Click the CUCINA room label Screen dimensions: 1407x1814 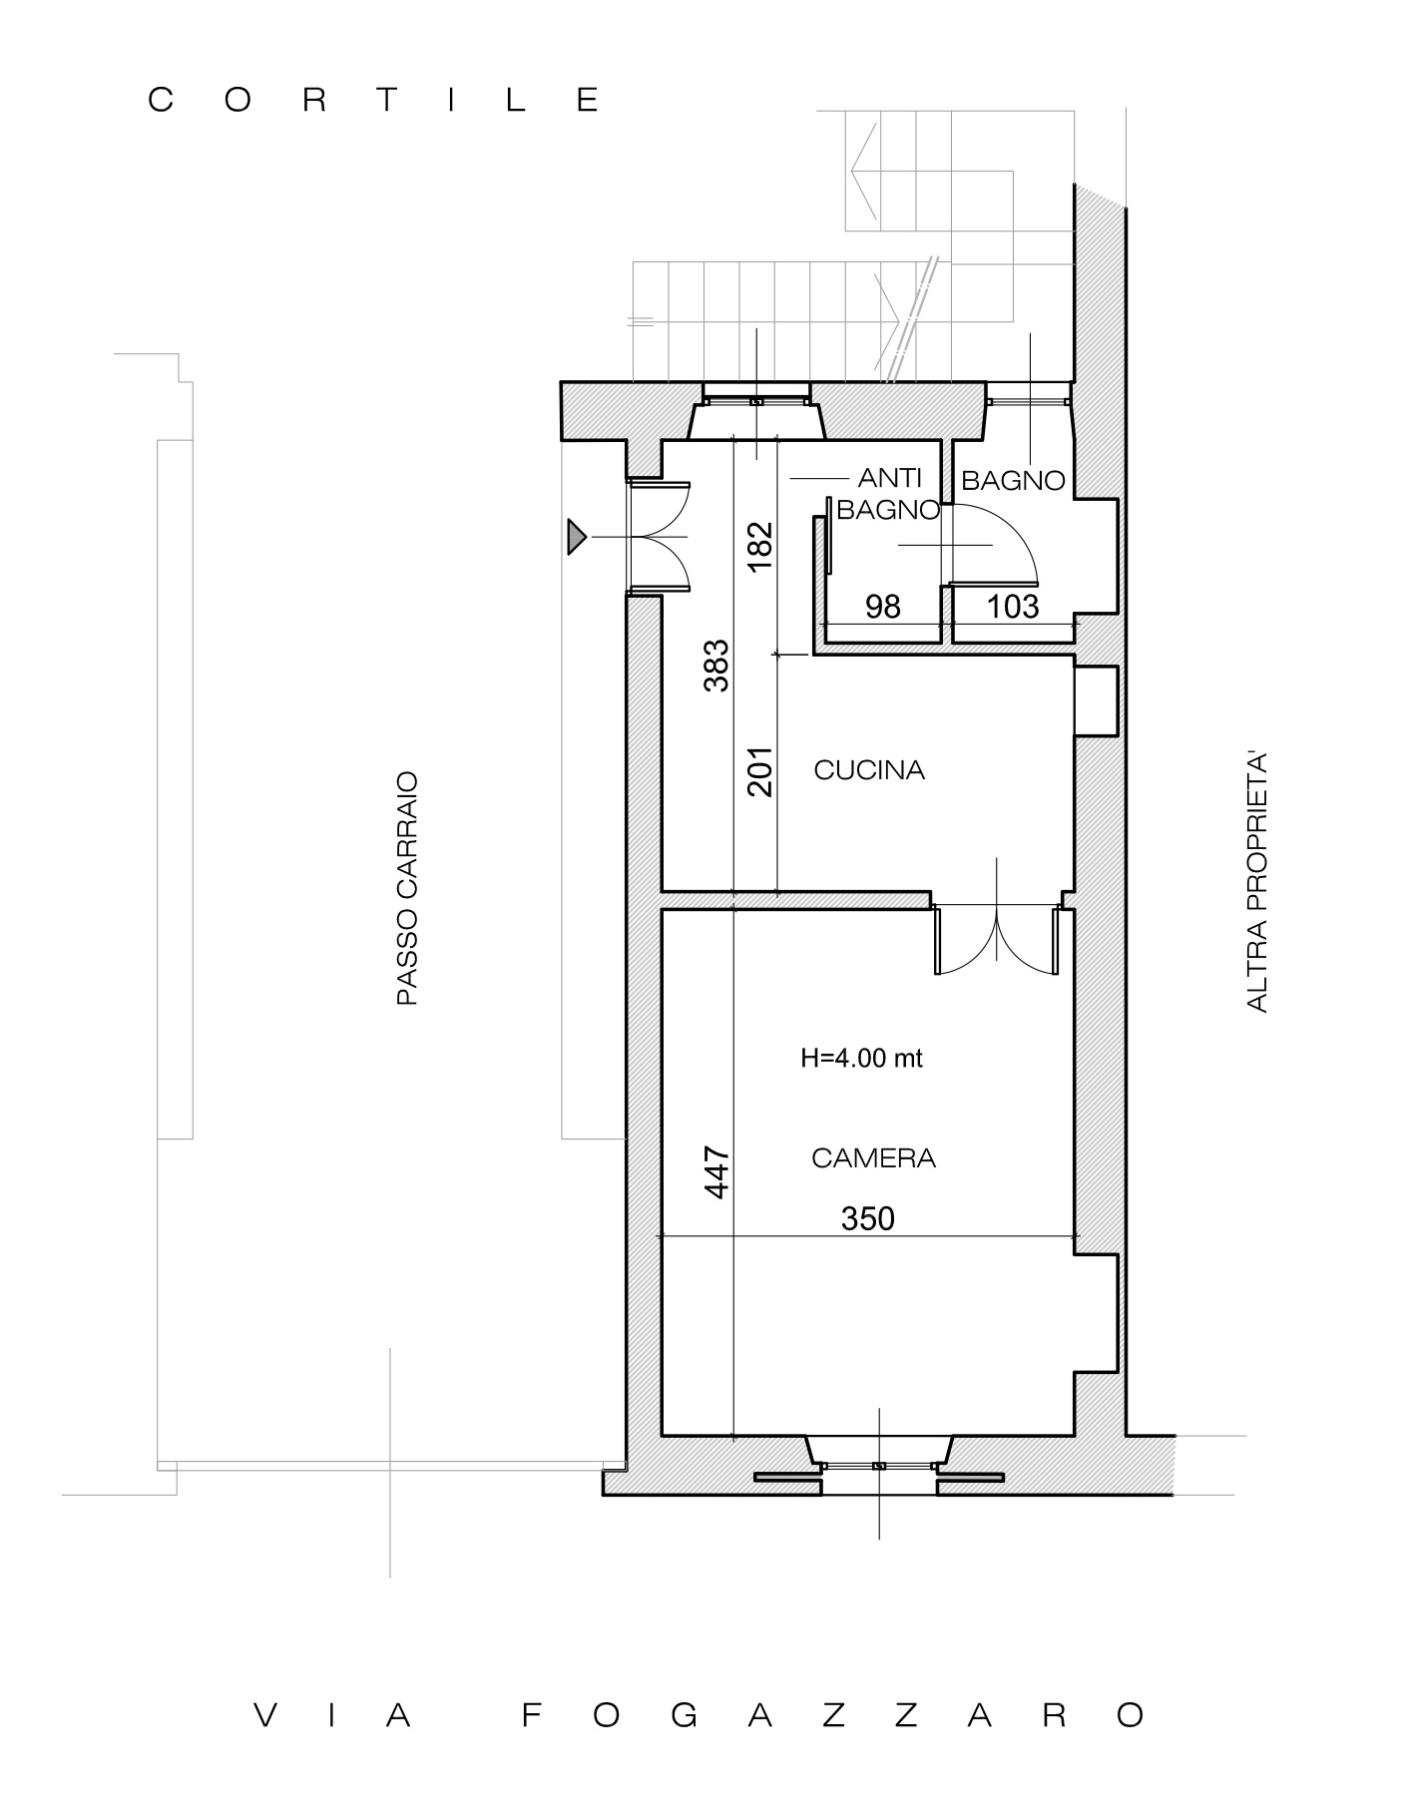[x=869, y=770]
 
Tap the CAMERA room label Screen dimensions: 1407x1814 [x=873, y=1158]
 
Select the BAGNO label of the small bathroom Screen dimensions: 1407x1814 [x=1013, y=481]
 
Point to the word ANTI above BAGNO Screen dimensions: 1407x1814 [x=890, y=480]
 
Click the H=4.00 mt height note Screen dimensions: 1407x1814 [x=861, y=1059]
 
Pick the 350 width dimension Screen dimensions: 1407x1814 [x=868, y=1218]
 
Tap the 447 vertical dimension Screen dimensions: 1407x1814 [x=717, y=1173]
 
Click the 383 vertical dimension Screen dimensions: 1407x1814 [x=717, y=666]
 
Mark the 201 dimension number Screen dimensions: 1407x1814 [x=760, y=771]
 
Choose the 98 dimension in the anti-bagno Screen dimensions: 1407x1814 [x=883, y=607]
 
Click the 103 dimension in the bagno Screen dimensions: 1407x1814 [x=1013, y=607]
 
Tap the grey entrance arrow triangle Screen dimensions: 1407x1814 [x=577, y=537]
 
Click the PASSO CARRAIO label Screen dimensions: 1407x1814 [x=407, y=888]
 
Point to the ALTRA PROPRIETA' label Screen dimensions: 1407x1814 [x=1257, y=884]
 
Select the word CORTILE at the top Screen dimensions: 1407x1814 [x=375, y=101]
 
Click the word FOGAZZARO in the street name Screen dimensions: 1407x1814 [x=833, y=1715]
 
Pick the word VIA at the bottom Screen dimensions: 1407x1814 [x=333, y=1715]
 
